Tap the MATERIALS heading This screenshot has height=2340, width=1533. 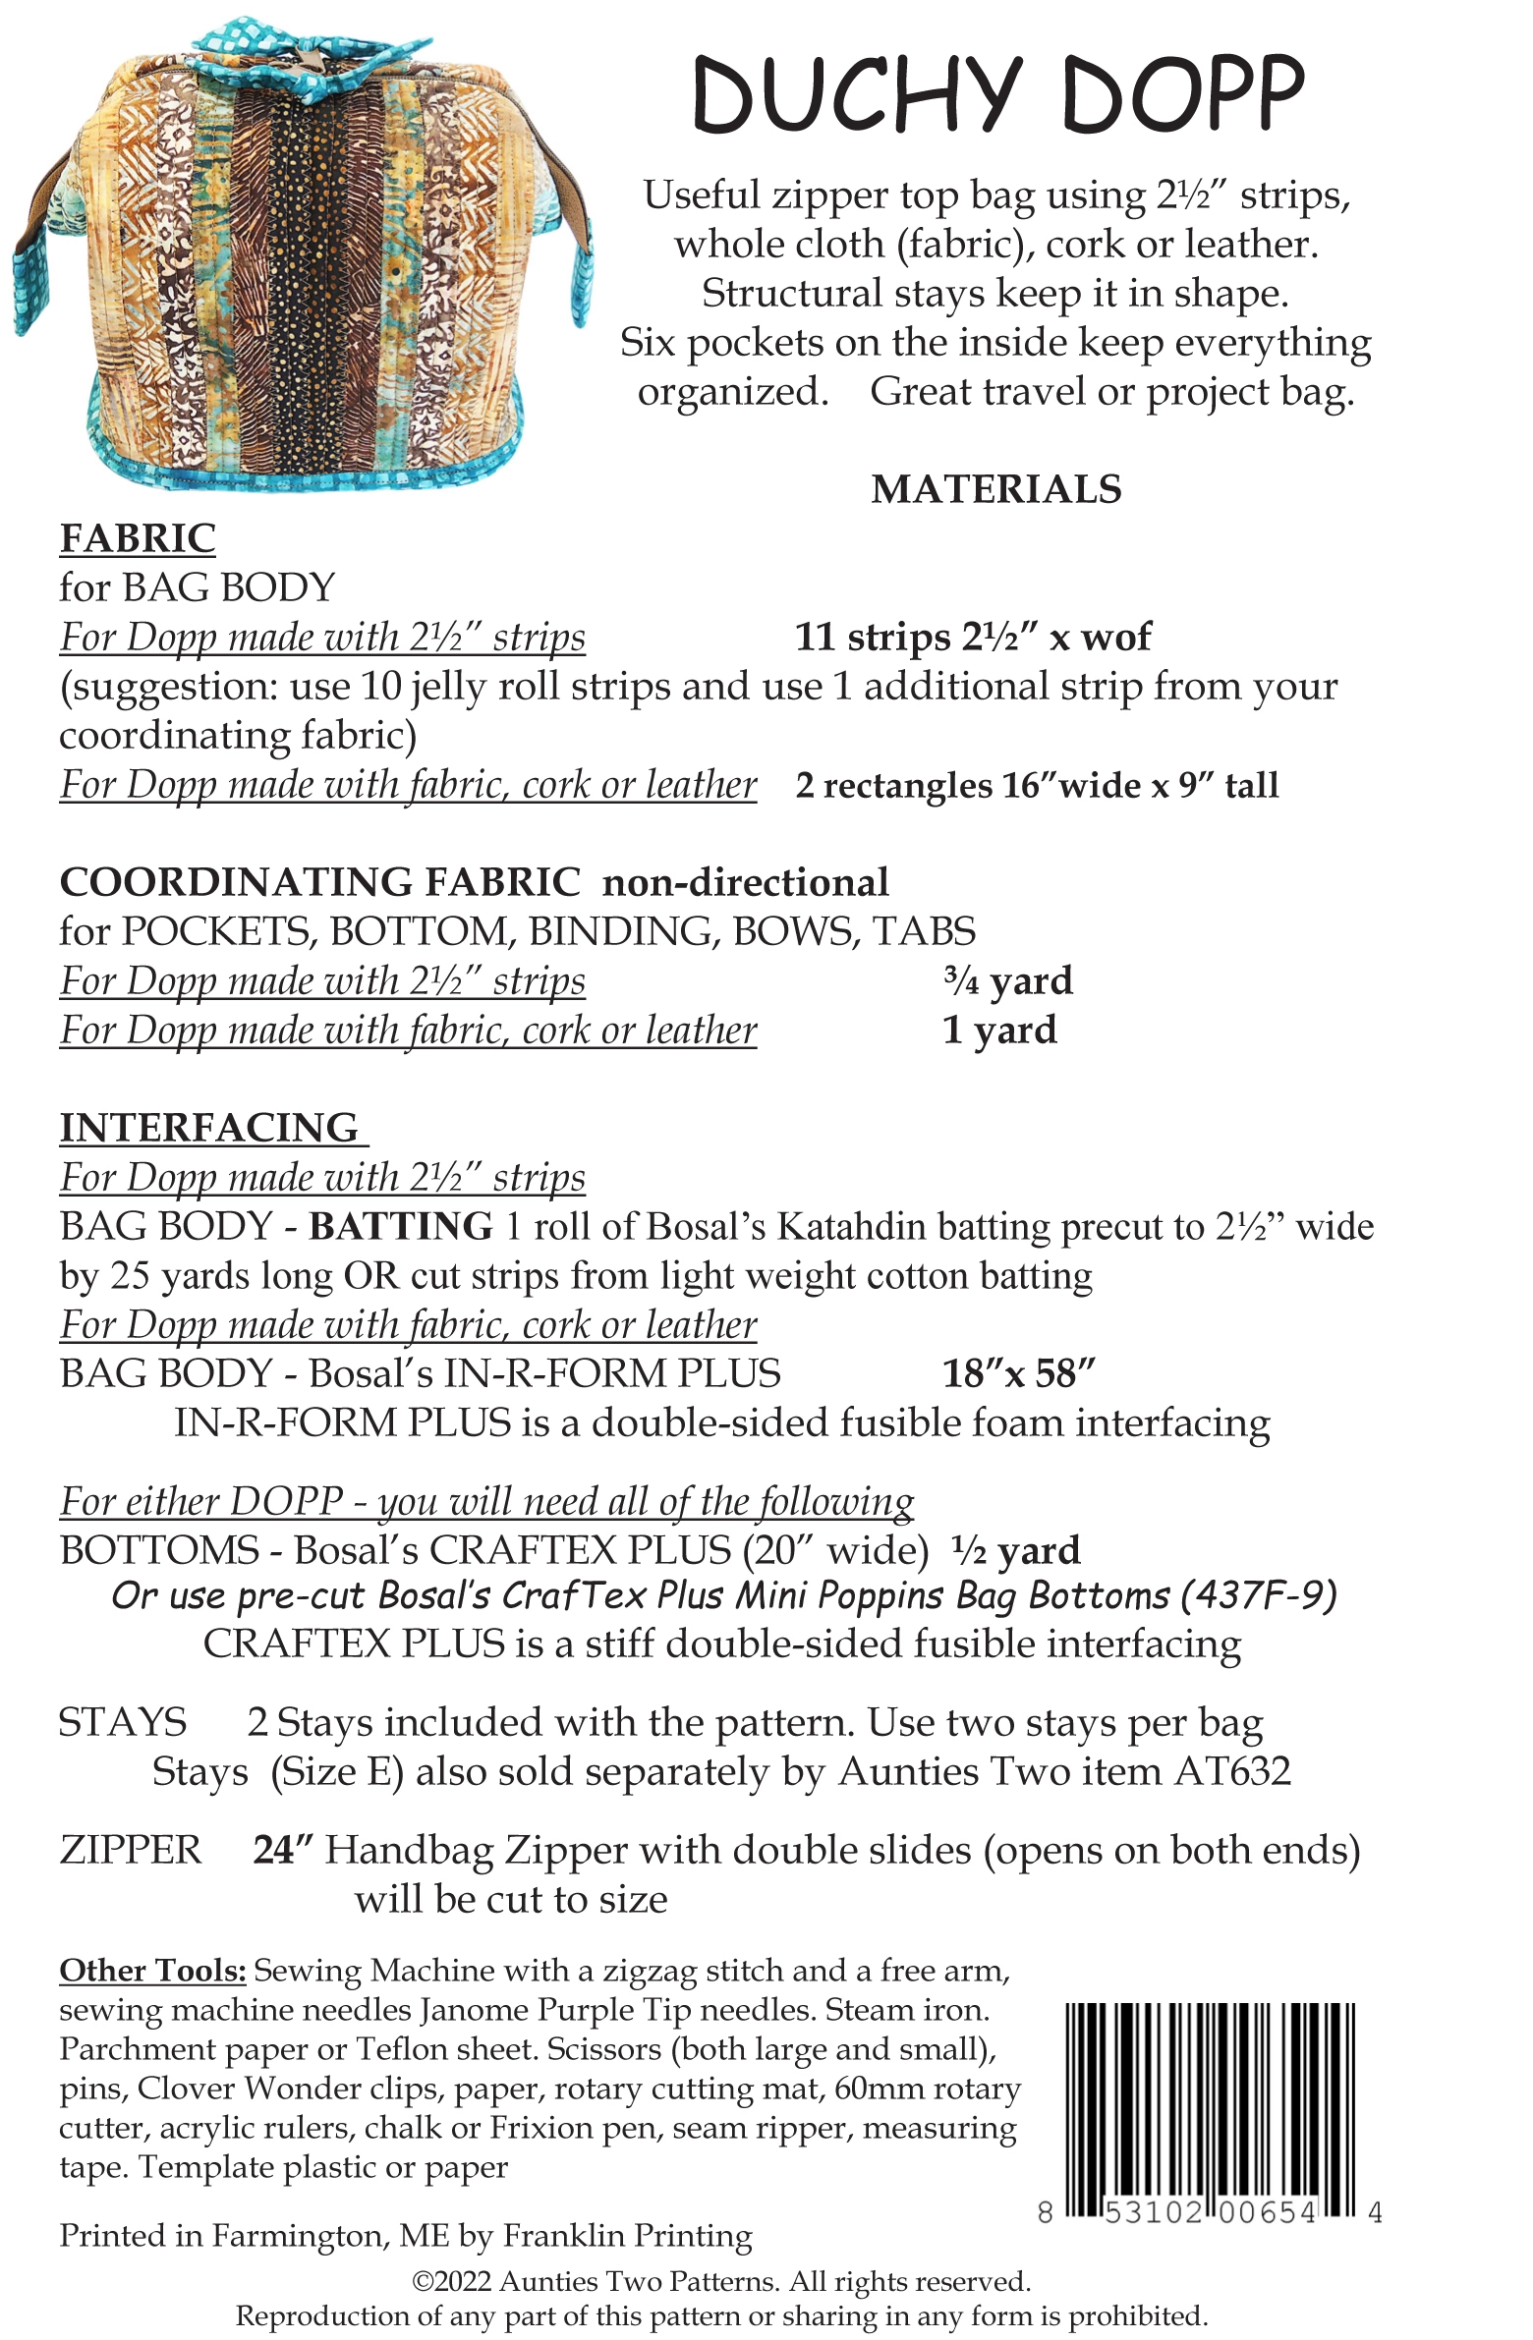coord(995,489)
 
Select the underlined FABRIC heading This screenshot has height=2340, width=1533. coord(138,538)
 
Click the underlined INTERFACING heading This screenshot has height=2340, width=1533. coord(211,1128)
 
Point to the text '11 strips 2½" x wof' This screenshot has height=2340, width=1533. coord(972,638)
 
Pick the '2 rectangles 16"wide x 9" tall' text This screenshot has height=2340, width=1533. coord(1037,785)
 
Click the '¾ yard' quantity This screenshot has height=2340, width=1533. coord(1007,981)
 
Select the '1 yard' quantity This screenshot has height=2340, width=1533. coord(999,1031)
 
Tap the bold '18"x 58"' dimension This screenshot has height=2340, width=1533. coord(1018,1373)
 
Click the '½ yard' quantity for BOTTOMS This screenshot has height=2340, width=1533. coord(1016,1550)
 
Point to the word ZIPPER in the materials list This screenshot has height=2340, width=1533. coord(130,1851)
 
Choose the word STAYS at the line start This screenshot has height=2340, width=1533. coord(122,1722)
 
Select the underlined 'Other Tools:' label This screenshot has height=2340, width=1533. coord(152,1971)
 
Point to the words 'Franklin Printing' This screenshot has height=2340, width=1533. coord(627,2236)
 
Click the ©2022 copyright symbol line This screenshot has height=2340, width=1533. coord(720,2281)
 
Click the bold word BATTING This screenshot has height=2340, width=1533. coord(400,1226)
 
